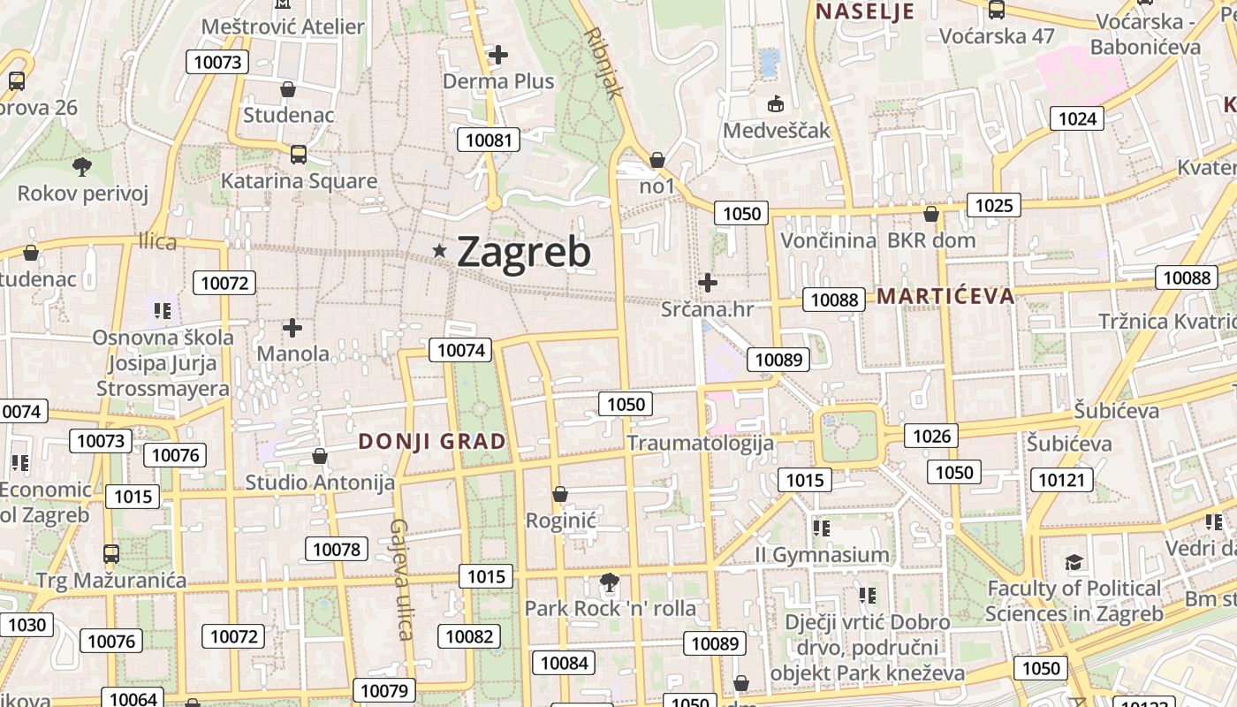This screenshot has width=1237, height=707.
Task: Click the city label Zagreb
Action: (x=524, y=252)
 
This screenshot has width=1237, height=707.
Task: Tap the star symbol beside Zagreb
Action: (x=440, y=251)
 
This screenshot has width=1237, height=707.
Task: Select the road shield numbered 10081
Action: (x=489, y=140)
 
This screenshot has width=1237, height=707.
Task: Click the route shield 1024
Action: (x=1077, y=118)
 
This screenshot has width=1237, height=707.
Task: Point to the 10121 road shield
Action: (x=1060, y=480)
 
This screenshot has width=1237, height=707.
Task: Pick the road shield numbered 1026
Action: (x=931, y=435)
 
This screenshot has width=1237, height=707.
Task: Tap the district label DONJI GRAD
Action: (x=432, y=442)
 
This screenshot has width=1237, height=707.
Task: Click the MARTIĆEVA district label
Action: (x=945, y=296)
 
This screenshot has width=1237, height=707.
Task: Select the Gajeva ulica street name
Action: (x=400, y=579)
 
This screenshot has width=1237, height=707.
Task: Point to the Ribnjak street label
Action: (x=604, y=62)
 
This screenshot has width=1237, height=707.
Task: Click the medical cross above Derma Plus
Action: (x=498, y=55)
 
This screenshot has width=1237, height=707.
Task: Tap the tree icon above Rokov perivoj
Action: (x=82, y=166)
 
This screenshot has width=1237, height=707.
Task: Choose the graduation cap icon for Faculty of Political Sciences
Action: (x=1074, y=562)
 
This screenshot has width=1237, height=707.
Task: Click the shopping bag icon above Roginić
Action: (x=559, y=494)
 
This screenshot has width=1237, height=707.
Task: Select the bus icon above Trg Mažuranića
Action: (x=111, y=554)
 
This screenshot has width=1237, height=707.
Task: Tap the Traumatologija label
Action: (x=701, y=443)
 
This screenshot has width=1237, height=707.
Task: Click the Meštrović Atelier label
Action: (x=283, y=27)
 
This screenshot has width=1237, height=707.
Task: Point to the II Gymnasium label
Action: (x=822, y=555)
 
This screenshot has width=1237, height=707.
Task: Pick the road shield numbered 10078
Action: (x=337, y=549)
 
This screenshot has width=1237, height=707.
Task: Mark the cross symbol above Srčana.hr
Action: (x=707, y=283)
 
